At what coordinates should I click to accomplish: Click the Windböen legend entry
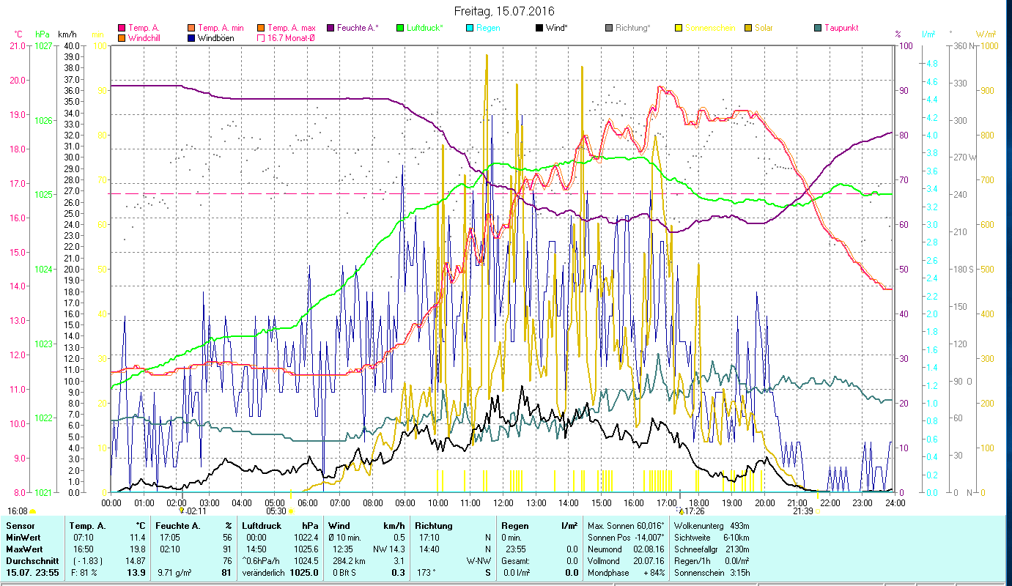coord(215,38)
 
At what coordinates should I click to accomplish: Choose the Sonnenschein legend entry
coord(715,28)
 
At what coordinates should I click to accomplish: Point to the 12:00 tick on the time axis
coord(503,502)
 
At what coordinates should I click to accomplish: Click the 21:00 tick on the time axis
coord(797,502)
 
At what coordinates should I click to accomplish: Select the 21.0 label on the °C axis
coord(16,45)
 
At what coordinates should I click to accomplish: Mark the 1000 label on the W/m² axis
coord(988,45)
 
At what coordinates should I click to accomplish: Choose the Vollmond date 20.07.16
coord(644,560)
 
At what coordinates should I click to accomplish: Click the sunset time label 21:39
coord(802,511)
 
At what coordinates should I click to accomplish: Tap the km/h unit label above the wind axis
coord(67,34)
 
